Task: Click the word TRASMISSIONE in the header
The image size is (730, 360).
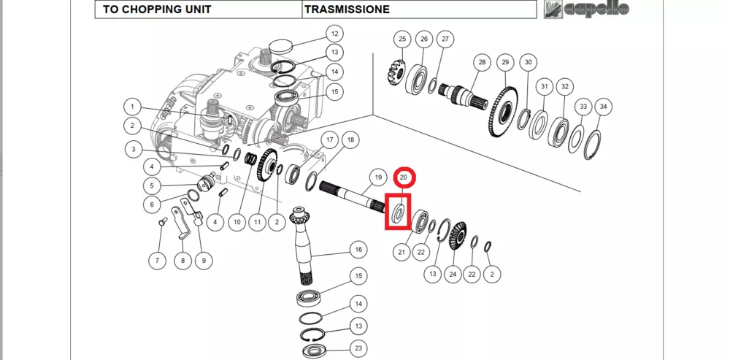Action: coord(346,9)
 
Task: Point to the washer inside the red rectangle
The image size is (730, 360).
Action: coord(399,213)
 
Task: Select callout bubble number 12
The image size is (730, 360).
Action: coord(334,34)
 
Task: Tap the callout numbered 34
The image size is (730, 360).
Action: coord(601,107)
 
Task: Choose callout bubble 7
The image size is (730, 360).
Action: coord(158,260)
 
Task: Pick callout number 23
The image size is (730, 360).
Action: coord(358,348)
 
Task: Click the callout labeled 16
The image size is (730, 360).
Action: coord(358,250)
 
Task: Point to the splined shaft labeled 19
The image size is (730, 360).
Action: coord(350,196)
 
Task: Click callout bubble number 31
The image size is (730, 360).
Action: coord(544,86)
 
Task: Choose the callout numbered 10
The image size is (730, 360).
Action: coord(237,221)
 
